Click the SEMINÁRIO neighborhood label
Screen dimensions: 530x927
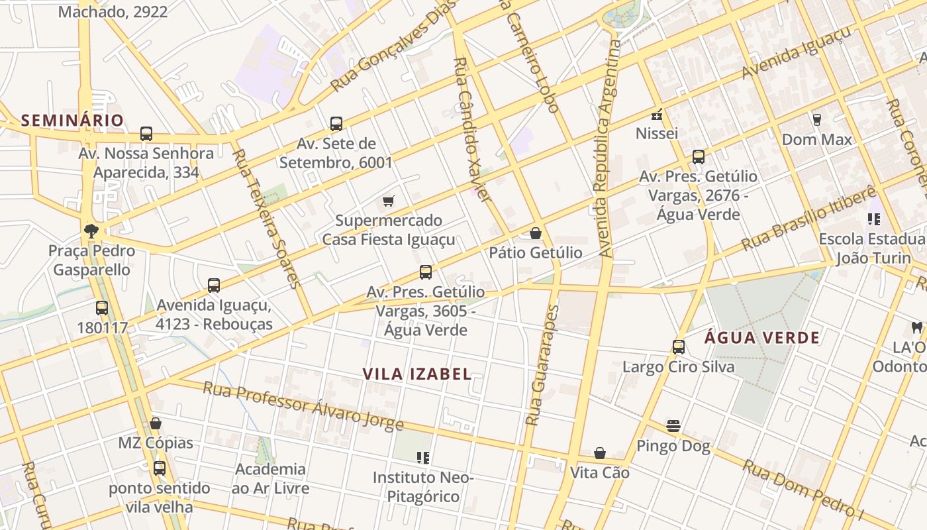point(72,120)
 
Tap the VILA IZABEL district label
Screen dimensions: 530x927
point(417,374)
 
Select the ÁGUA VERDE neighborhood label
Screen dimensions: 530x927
point(762,337)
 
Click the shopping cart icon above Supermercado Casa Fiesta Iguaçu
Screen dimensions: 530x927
point(389,201)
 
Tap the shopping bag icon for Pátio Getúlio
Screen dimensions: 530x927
point(536,233)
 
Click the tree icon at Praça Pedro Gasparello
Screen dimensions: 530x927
point(91,231)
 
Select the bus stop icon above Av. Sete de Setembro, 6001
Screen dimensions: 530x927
point(336,123)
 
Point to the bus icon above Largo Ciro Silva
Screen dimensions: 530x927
point(679,346)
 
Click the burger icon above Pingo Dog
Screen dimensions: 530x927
point(673,425)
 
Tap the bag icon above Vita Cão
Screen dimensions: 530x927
point(600,453)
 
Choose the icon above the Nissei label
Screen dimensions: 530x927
point(658,114)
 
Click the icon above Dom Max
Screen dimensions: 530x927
point(816,120)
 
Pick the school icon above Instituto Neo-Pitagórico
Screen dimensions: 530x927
point(424,457)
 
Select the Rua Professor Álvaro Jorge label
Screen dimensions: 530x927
point(303,405)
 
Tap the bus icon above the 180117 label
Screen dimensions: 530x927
point(101,307)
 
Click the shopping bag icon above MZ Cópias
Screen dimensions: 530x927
point(156,423)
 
